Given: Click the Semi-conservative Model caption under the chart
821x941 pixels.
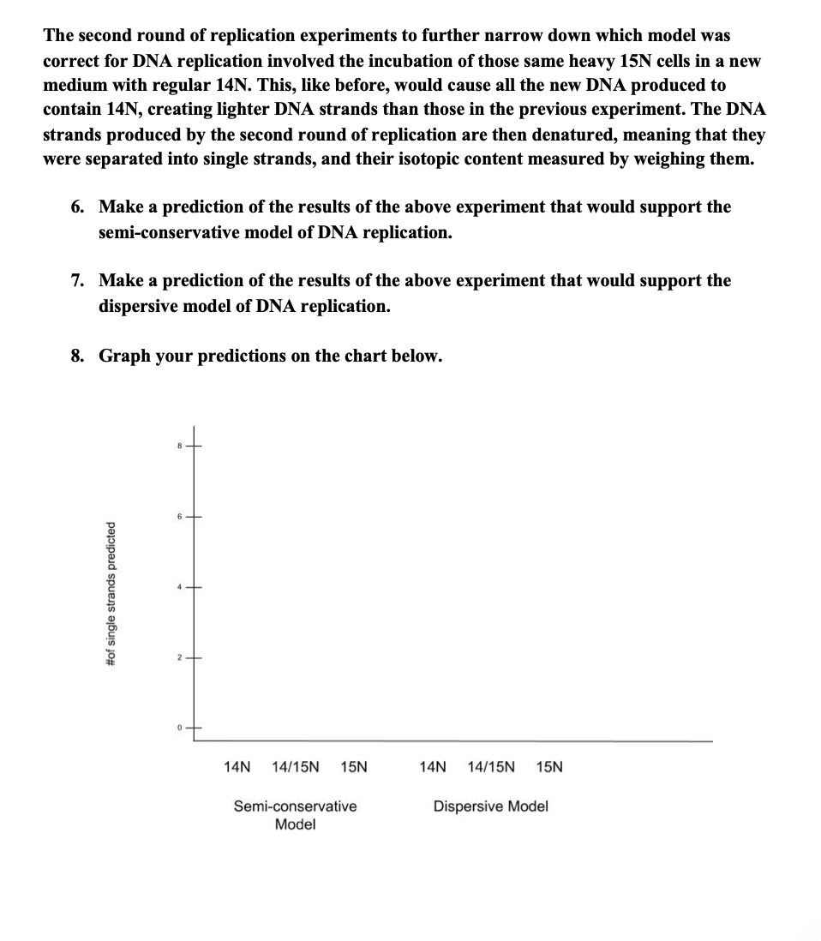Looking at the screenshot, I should (x=296, y=815).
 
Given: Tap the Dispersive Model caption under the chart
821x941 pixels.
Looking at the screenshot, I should (x=491, y=806).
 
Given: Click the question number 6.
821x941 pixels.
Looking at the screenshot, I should (x=78, y=207).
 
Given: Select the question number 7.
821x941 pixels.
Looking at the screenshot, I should (x=78, y=281).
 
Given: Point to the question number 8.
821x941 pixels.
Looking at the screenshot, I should (x=78, y=356).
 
